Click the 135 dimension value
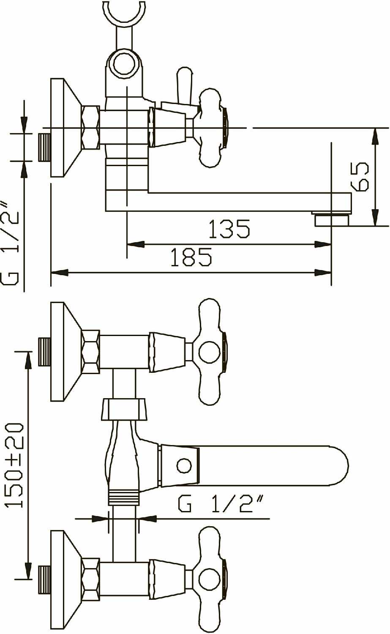[229, 229]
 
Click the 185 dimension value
[191, 257]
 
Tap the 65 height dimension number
[360, 176]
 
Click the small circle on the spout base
[184, 466]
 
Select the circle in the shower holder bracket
[124, 63]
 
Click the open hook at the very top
[124, 13]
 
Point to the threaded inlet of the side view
[44, 147]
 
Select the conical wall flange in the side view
[65, 128]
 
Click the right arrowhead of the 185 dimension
[323, 273]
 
